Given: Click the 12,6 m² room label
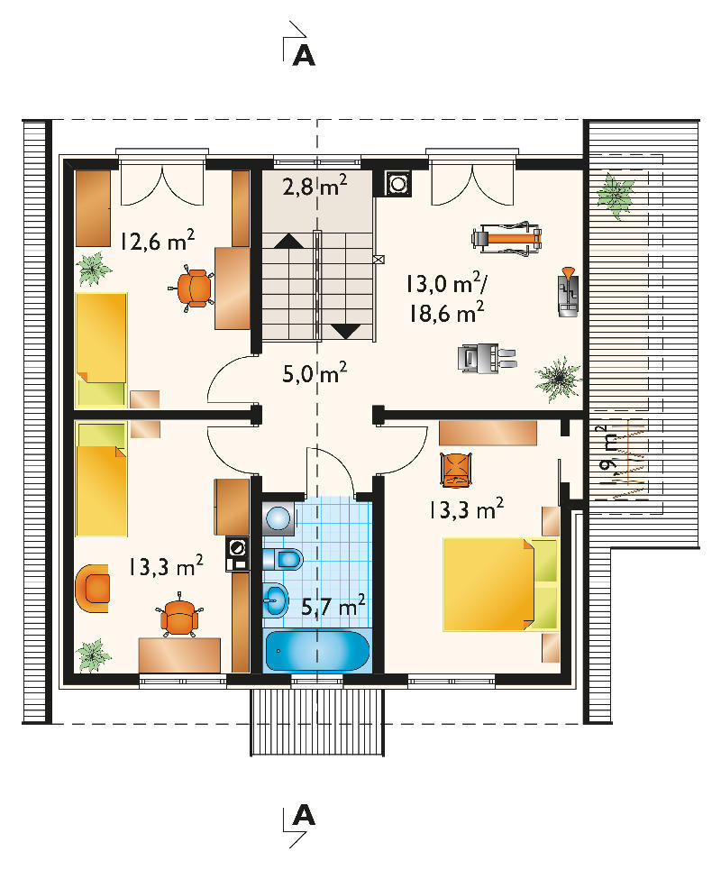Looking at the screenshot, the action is [x=158, y=241].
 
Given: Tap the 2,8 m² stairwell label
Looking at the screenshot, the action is [x=315, y=186].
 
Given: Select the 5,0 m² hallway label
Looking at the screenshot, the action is [x=315, y=373].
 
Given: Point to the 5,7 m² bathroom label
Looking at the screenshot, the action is [x=333, y=605].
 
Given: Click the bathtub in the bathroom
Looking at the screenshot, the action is [x=316, y=650].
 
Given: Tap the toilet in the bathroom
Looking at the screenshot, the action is [x=282, y=558].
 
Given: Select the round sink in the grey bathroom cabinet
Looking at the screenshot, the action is [x=278, y=518].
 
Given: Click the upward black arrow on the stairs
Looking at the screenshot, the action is [x=288, y=241].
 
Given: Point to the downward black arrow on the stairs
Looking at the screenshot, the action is [x=346, y=331].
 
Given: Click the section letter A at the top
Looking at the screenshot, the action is [x=304, y=55].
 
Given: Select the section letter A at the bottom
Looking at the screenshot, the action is [x=304, y=815].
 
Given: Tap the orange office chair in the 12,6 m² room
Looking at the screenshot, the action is [x=192, y=288].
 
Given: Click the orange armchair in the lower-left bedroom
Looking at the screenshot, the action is [x=92, y=588].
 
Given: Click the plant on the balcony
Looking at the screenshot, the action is [x=616, y=195].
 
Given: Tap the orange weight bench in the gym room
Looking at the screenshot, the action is [x=507, y=238].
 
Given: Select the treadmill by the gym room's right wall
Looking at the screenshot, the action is [x=568, y=292].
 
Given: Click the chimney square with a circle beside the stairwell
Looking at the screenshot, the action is [x=398, y=183].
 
